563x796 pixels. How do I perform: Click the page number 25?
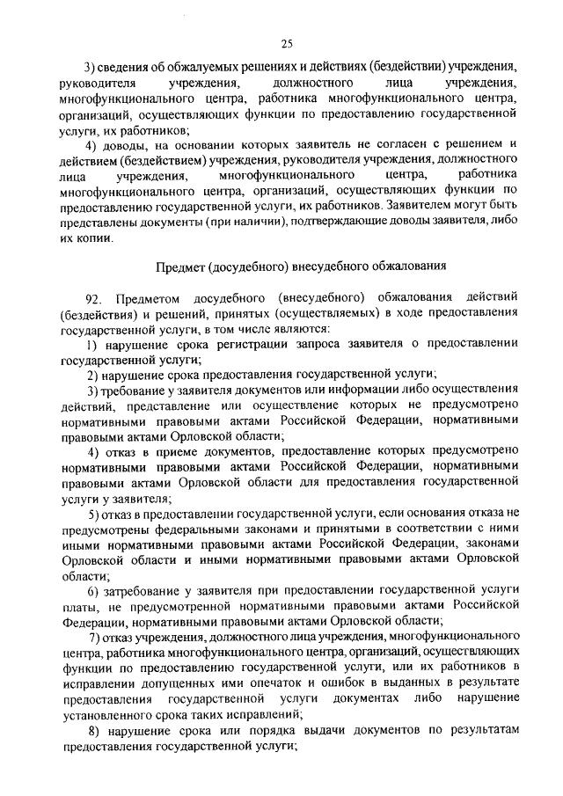tap(286, 44)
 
